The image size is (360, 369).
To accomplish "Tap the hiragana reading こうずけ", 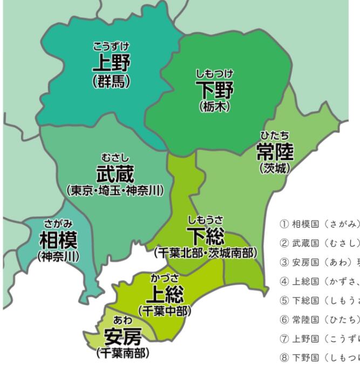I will click(111, 47).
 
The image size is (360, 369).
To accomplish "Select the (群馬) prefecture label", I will click(111, 82).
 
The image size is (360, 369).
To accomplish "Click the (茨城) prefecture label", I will click(275, 168).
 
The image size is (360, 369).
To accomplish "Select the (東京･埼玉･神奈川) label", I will click(116, 192).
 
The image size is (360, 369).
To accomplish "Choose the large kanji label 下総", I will click(205, 236).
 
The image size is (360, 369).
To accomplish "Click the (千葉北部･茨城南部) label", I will click(205, 252).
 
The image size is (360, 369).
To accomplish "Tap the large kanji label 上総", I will click(165, 295).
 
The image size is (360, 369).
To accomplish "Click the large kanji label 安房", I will click(123, 338).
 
